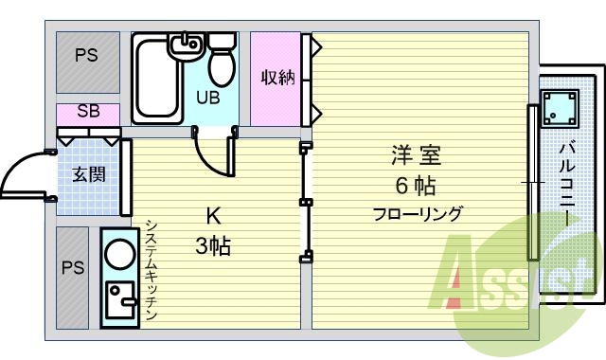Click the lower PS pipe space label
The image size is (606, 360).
pos(73,268)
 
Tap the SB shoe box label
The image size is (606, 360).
pos(87,112)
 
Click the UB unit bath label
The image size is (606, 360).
pos(208,96)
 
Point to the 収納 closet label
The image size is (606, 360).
pos(278,78)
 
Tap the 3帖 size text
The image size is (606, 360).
pos(213,247)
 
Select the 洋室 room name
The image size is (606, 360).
pos(417,154)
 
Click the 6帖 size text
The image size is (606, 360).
pos(417,185)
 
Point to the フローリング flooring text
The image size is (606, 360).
pos(417,214)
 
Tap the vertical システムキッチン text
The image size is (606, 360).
pos(151,270)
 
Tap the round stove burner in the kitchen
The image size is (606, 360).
pos(120,254)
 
